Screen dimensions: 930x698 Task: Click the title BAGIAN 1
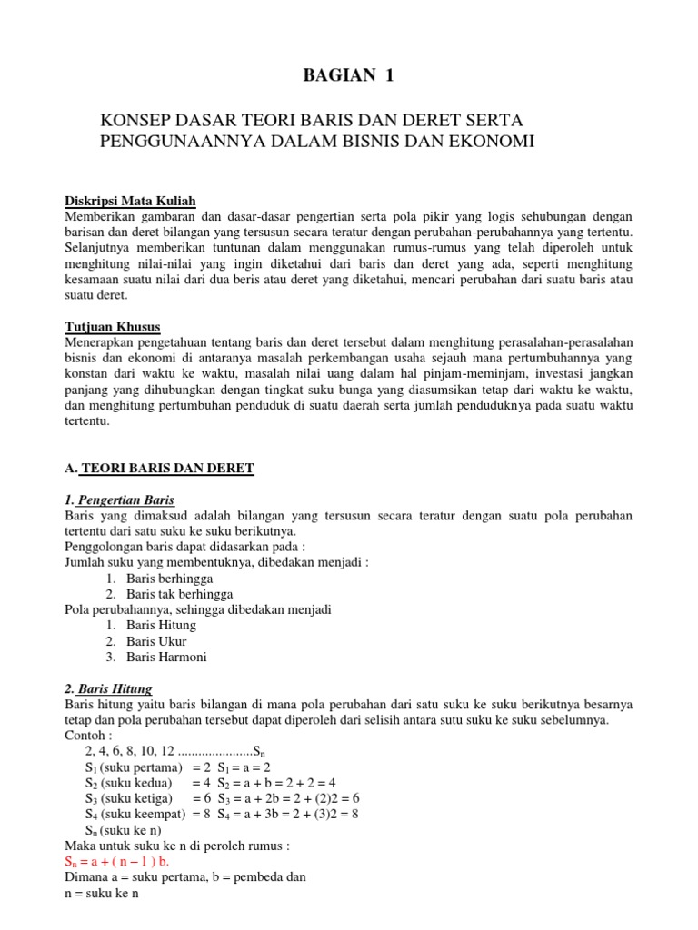(x=349, y=76)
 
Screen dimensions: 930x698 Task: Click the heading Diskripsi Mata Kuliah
(x=130, y=201)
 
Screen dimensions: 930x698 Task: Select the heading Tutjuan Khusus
(x=113, y=326)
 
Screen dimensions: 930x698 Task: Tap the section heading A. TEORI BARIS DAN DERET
(x=160, y=468)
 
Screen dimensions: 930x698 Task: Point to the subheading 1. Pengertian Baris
(x=119, y=500)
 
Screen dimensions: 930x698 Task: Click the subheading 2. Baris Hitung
(x=109, y=688)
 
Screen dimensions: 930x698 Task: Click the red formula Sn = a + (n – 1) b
(x=116, y=861)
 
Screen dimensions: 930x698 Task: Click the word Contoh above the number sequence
(x=88, y=735)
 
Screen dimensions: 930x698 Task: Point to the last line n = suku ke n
(x=101, y=893)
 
